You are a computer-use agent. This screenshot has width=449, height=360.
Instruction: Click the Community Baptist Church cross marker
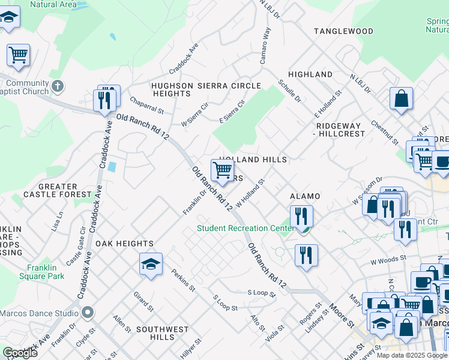click(58, 86)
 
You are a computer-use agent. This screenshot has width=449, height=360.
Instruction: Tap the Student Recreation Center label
click(246, 228)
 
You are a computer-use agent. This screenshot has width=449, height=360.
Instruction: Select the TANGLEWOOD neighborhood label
click(343, 31)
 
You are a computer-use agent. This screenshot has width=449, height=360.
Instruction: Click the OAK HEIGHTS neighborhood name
click(124, 244)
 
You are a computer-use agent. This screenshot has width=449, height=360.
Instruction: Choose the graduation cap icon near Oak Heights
click(151, 264)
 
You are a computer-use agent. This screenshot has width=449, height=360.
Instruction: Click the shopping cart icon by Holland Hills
click(222, 170)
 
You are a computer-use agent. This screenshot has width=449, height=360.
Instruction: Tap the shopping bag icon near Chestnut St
click(401, 98)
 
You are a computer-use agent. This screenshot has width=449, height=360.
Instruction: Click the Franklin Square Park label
click(45, 272)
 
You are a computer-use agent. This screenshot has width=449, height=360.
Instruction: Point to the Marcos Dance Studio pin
click(88, 313)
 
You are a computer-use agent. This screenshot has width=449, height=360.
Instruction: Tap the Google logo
click(20, 353)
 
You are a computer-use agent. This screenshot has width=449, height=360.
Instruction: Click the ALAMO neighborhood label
click(305, 196)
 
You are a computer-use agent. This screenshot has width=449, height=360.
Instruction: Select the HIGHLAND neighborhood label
click(310, 74)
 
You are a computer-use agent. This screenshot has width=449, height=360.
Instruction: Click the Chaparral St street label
click(146, 106)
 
